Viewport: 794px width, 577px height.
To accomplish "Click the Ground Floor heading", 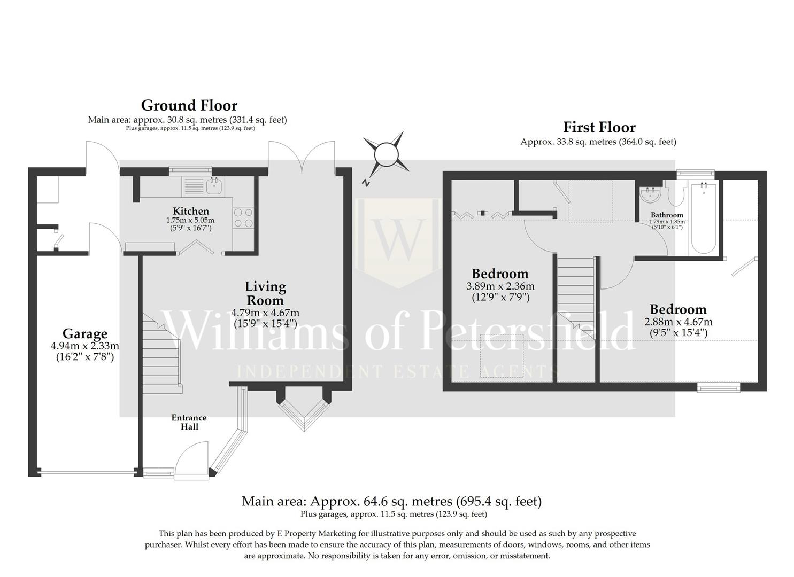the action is pos(189,106).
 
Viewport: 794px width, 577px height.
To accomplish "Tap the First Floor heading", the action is pos(599,127).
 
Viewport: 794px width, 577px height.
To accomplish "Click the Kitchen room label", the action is pos(191,211).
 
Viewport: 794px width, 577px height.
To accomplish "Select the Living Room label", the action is pos(265,294).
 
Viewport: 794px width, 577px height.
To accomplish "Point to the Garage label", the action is pos(85,334).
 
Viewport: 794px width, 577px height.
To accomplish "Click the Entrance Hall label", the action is pos(189,422).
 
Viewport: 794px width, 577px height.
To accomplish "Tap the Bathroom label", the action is pos(667,215).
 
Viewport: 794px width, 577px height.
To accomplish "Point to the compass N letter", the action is pos(365,183).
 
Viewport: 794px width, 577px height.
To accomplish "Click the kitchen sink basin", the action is pos(215,186).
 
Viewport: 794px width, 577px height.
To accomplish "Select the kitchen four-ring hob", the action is pos(243,218).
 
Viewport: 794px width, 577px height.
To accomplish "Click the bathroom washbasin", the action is pos(651,194).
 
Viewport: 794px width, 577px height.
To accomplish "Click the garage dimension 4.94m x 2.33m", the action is pos(85,346).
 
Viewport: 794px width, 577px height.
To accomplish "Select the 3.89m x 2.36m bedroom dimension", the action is pos(500,286).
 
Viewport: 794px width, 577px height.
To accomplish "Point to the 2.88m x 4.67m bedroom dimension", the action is pos(678,322).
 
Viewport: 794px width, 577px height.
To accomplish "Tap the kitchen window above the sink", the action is pos(190,171).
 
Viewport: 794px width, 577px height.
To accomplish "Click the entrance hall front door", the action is pos(191,461).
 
